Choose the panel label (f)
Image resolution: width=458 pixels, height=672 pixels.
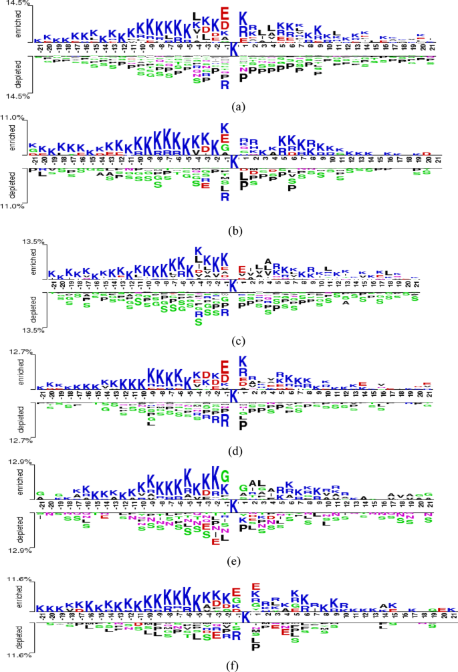pyautogui.click(x=235, y=665)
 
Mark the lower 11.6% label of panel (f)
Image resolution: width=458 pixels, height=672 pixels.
pyautogui.click(x=14, y=655)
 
